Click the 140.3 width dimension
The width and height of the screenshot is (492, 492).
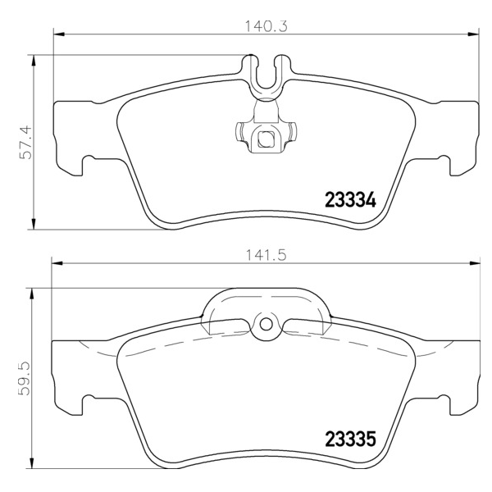266,26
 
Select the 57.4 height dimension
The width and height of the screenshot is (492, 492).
25,142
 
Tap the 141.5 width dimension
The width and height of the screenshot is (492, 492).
266,255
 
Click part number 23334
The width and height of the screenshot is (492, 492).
350,200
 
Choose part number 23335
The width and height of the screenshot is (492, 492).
350,439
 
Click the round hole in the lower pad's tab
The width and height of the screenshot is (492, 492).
266,324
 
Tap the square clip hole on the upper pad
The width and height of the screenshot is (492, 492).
266,139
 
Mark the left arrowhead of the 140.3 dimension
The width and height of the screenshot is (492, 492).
59,34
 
